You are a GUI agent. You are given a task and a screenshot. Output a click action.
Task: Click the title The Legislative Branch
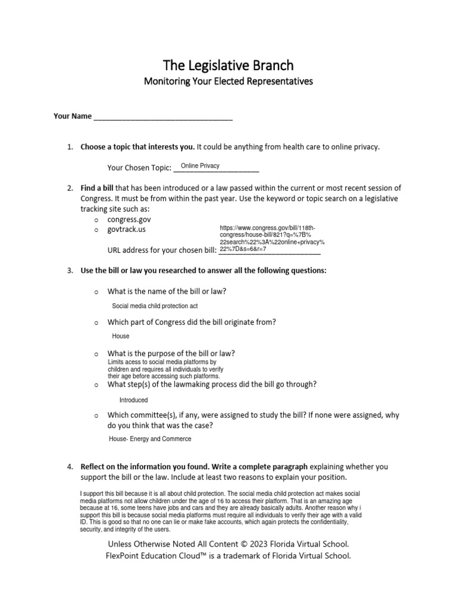tap(228, 64)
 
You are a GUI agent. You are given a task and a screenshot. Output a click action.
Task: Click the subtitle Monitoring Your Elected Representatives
tap(228, 80)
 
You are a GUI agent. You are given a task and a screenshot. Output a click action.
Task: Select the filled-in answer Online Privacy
tap(200, 166)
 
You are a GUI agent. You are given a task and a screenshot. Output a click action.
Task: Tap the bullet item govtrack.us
tap(126, 229)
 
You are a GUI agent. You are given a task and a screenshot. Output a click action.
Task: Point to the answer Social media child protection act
tap(155, 306)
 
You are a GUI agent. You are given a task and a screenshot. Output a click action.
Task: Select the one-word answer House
tap(121, 336)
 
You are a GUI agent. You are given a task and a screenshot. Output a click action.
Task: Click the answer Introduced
tap(133, 400)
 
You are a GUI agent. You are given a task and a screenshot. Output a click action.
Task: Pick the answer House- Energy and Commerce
tap(150, 439)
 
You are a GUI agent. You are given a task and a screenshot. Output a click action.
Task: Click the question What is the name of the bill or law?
tap(167, 291)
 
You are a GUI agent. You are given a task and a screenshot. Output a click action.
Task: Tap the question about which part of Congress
tap(192, 322)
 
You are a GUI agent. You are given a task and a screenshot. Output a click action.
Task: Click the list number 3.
tap(70, 271)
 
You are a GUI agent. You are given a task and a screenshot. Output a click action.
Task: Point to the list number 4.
tap(70, 467)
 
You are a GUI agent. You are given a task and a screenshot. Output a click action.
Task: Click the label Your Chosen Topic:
tap(139, 168)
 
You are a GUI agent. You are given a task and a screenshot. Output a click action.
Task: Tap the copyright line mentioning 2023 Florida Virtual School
tap(228, 544)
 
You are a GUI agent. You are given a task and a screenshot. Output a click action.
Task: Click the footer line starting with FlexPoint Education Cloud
tap(228, 556)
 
